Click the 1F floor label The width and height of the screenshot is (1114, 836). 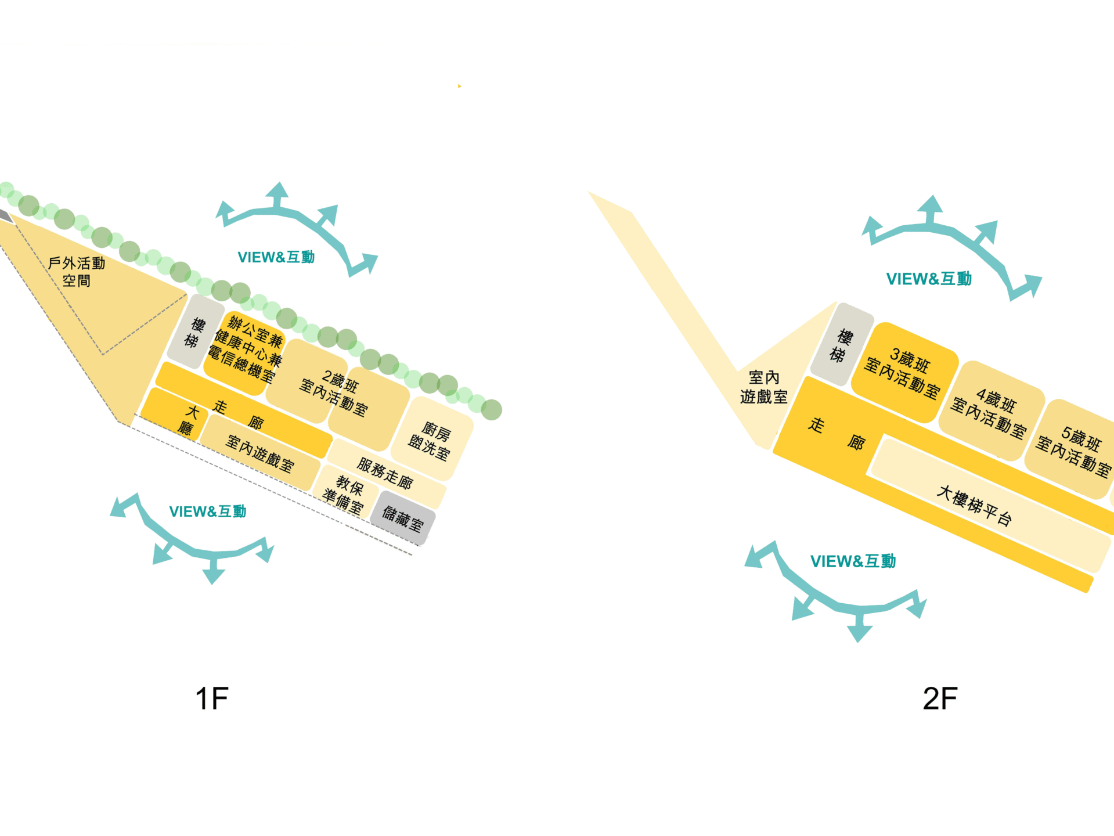pos(212,698)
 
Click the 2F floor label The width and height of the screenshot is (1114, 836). pos(940,698)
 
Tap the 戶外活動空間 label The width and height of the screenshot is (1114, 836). pos(77,272)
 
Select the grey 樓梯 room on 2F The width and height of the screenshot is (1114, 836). pos(841,345)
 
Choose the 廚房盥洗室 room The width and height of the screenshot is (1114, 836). pos(431,439)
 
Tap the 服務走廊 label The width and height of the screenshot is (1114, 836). pos(385,473)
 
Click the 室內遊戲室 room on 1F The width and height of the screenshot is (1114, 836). pos(260,453)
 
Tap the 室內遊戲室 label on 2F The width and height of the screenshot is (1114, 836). pos(763,387)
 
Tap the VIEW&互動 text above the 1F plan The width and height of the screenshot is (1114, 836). pos(276,257)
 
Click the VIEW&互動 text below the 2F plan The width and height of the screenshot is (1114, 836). pos(853,561)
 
